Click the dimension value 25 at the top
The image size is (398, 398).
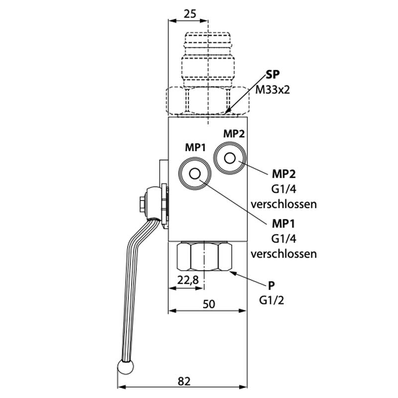pyautogui.click(x=189, y=14)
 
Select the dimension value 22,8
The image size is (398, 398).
pyautogui.click(x=189, y=280)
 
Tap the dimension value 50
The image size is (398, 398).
pyautogui.click(x=209, y=304)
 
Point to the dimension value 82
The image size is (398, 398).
pyautogui.click(x=184, y=381)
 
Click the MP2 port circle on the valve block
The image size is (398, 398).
pyautogui.click(x=229, y=158)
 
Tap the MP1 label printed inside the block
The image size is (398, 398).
pyautogui.click(x=195, y=147)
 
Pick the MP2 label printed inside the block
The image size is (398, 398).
pyautogui.click(x=233, y=133)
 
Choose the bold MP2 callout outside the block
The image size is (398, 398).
pyautogui.click(x=284, y=174)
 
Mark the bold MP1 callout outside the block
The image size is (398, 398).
pyautogui.click(x=284, y=223)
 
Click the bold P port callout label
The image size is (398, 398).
pyautogui.click(x=271, y=286)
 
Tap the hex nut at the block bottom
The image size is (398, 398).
pyautogui.click(x=204, y=256)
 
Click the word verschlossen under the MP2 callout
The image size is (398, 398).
pyautogui.click(x=284, y=204)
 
